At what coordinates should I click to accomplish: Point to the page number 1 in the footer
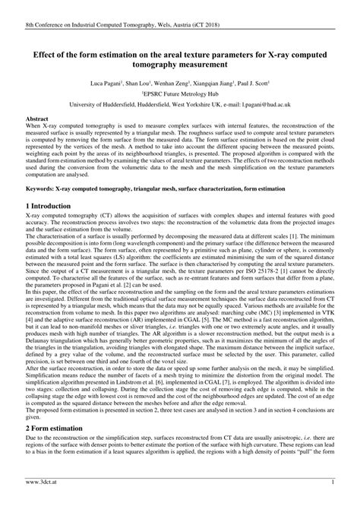pos(334,503)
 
